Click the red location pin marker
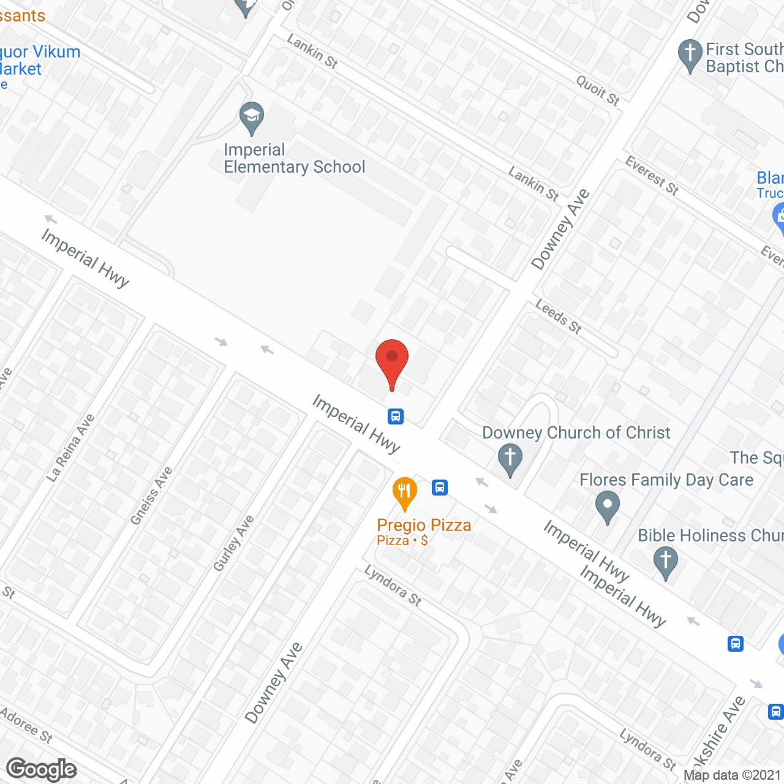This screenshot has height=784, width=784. (392, 362)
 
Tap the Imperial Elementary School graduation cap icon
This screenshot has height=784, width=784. (251, 116)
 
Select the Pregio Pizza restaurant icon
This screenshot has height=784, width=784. (404, 492)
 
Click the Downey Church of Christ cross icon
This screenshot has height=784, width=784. (510, 459)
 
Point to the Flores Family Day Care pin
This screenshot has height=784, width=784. (607, 507)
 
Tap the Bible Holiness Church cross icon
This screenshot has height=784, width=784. (665, 561)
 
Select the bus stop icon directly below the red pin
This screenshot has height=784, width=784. (396, 417)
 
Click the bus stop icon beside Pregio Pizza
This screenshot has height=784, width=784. (439, 488)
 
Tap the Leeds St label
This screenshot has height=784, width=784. (559, 316)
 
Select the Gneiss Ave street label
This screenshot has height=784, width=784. (152, 496)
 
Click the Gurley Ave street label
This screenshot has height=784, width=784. (233, 543)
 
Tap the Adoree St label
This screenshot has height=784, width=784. (26, 725)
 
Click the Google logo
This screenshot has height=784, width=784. (42, 769)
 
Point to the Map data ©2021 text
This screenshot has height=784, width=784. (732, 775)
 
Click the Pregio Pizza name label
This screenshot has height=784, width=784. (424, 526)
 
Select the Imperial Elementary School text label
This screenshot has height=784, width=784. (294, 159)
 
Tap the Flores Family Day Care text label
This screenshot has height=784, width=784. (666, 480)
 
